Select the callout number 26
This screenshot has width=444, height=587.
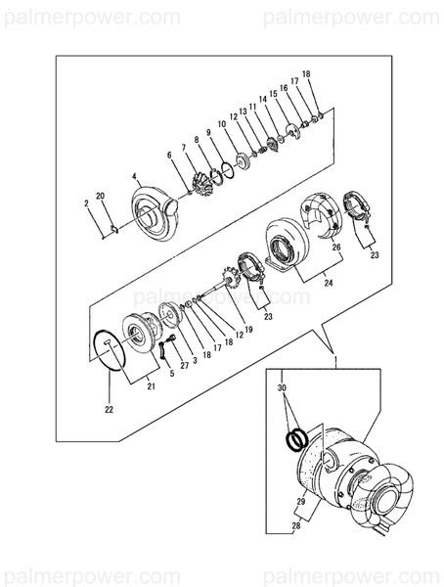[335, 248]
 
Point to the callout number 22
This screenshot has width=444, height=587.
[109, 408]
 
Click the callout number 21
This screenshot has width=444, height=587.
[151, 386]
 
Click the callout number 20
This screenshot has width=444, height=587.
[99, 195]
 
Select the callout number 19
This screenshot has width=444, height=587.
[248, 330]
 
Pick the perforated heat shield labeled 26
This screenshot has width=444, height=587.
[324, 214]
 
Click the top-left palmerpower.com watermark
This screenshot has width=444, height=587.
[90, 17]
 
